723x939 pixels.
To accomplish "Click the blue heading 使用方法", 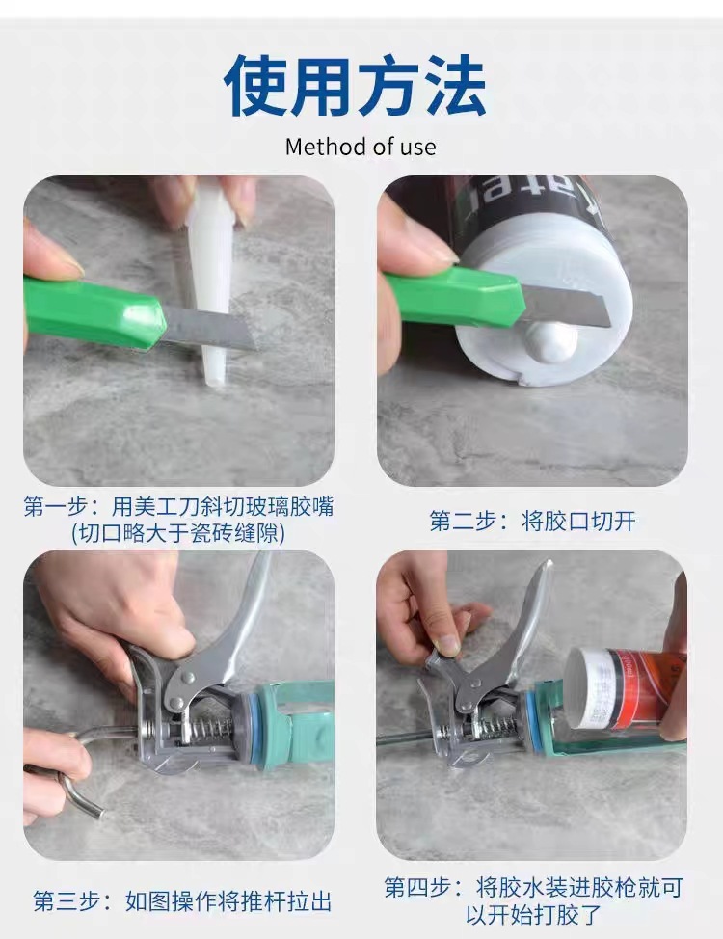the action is point(355,85).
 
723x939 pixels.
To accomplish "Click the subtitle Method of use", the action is point(361,147).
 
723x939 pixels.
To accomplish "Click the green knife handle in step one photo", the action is point(94,311).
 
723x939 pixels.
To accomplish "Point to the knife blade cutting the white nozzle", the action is point(209,328).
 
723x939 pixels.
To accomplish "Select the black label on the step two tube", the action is point(533,209).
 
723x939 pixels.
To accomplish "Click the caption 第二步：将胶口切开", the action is point(532,521).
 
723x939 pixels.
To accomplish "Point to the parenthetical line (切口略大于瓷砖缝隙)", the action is point(178,532).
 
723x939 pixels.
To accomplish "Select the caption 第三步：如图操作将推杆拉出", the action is point(182,900).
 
